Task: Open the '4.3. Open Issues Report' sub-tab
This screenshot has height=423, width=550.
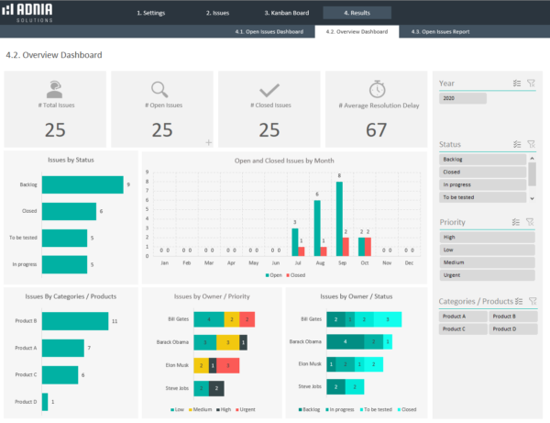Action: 440,32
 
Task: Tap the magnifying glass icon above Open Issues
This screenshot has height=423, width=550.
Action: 161,90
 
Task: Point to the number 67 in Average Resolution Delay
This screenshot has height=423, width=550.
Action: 376,130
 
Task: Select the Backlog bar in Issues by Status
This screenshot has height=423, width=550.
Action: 82,184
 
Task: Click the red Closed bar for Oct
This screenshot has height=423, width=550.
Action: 368,246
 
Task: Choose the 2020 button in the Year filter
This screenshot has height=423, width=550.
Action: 449,97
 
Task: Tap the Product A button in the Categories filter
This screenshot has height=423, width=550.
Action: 461,316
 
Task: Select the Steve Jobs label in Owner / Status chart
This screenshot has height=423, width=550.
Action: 311,388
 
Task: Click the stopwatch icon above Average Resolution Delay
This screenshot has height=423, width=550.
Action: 376,90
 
